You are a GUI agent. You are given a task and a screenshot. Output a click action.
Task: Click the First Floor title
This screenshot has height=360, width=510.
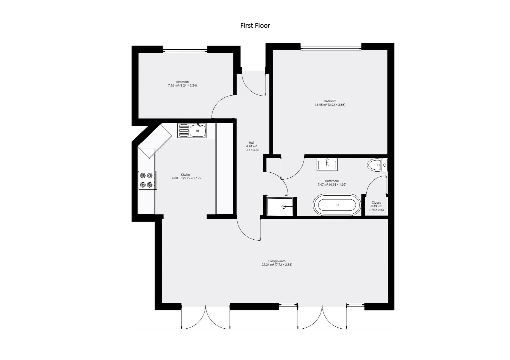pyautogui.click(x=255, y=25)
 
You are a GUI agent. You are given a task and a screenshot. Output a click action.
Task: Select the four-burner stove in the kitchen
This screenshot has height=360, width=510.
pyautogui.click(x=147, y=180)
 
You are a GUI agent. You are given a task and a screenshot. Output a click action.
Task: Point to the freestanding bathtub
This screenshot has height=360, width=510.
pyautogui.click(x=336, y=205)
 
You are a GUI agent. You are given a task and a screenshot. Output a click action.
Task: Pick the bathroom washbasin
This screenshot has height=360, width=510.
pyautogui.click(x=327, y=164)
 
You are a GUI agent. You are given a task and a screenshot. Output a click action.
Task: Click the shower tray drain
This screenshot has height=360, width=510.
pyautogui.click(x=283, y=207)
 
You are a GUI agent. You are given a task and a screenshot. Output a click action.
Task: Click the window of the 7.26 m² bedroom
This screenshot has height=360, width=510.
pyautogui.click(x=185, y=51)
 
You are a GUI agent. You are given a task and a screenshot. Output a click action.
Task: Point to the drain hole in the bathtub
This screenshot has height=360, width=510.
pyautogui.click(x=337, y=205)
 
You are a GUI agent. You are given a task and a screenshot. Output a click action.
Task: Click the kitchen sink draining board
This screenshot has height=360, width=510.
pyautogui.click(x=183, y=131)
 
